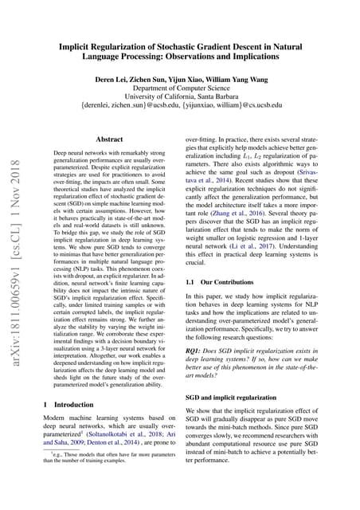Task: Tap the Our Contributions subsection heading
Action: point(219,306)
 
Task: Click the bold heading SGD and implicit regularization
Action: point(236,396)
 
